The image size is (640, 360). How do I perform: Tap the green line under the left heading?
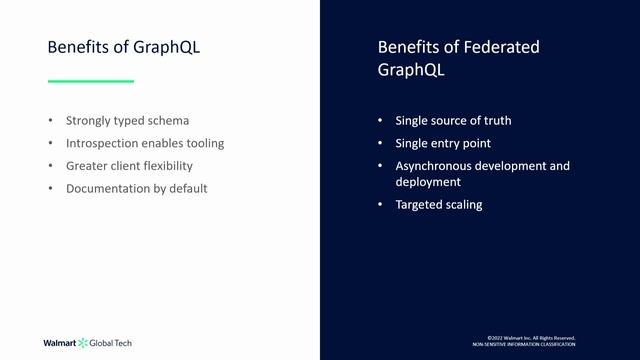click(x=91, y=81)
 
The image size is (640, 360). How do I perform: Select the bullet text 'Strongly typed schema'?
click(x=127, y=121)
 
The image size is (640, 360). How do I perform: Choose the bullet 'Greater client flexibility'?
click(x=129, y=166)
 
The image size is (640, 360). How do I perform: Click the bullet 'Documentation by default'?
click(x=137, y=188)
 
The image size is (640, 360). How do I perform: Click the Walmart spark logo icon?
click(x=83, y=343)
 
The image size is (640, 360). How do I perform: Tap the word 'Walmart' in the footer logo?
click(x=59, y=343)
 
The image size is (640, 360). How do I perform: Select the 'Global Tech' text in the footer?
click(x=111, y=343)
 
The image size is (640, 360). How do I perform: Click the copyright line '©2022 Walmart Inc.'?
click(x=531, y=337)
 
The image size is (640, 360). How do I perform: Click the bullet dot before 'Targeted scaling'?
click(x=380, y=204)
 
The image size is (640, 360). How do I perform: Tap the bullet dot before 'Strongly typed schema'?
click(x=51, y=121)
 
